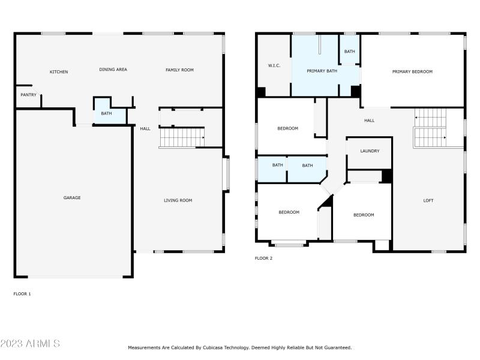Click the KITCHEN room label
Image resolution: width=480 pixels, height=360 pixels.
tap(59, 72)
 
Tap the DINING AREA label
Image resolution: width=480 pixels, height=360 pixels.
tap(113, 70)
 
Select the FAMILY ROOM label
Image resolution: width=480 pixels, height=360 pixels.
tap(179, 70)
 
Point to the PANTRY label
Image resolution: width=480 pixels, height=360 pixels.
tap(28, 95)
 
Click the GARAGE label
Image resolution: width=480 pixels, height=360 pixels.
tap(72, 198)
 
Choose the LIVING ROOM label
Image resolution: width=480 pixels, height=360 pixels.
tap(178, 200)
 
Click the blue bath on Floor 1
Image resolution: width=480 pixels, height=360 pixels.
tap(106, 113)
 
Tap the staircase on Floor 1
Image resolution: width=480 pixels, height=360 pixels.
tap(182, 137)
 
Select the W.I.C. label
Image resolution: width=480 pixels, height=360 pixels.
tap(274, 65)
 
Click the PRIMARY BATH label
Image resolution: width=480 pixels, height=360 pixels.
tap(320, 71)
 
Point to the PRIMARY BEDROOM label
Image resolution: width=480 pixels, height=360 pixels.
tap(412, 71)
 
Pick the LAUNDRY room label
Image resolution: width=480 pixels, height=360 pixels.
tap(370, 151)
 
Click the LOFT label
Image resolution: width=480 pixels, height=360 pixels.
tap(428, 200)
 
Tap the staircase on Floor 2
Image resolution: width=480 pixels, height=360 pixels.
tap(430, 127)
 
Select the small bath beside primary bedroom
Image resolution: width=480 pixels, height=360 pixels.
tap(349, 52)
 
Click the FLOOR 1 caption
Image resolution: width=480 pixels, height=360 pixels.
tap(22, 294)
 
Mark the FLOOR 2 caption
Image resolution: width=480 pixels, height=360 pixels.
tap(263, 259)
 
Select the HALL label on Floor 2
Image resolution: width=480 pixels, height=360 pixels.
tap(369, 121)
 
